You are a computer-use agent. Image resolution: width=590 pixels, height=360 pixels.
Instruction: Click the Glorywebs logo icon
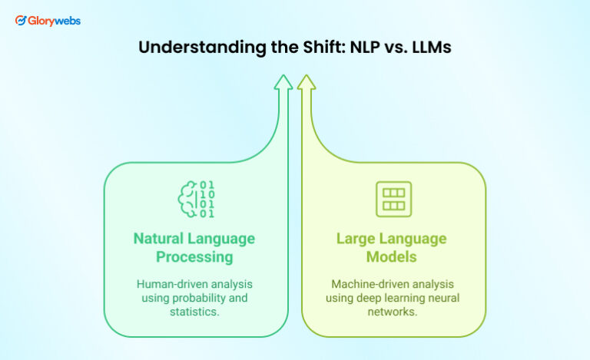coord(21,21)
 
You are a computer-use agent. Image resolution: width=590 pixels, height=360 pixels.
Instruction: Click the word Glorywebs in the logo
coord(55,21)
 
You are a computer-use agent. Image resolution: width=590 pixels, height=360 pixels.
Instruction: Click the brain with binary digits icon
coord(196,199)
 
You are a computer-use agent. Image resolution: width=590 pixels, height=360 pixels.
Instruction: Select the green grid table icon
coord(393,199)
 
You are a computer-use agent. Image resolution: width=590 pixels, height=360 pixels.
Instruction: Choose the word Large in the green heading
coord(358,238)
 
